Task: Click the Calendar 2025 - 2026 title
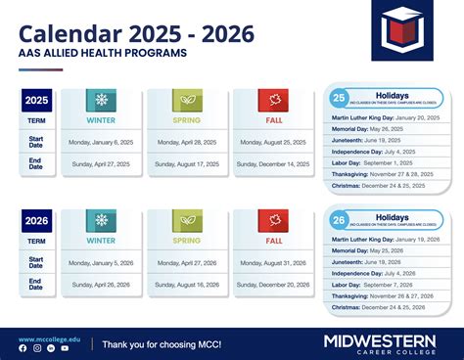pyautogui.click(x=137, y=34)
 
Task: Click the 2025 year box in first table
pyautogui.click(x=36, y=100)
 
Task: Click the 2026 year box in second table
pyautogui.click(x=36, y=220)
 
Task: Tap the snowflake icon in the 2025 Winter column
pyautogui.click(x=101, y=100)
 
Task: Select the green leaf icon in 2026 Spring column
pyautogui.click(x=186, y=220)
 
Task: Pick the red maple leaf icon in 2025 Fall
pyautogui.click(x=274, y=100)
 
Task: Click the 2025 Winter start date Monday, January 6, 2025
pyautogui.click(x=101, y=142)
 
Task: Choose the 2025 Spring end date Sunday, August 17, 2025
pyautogui.click(x=186, y=164)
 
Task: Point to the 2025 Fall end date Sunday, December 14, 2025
pyautogui.click(x=274, y=164)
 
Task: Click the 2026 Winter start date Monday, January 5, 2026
pyautogui.click(x=101, y=262)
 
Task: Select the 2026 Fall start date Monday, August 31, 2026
pyautogui.click(x=274, y=262)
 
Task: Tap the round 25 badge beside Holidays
pyautogui.click(x=338, y=99)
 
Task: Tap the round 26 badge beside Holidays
pyautogui.click(x=338, y=219)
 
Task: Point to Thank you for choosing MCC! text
pyautogui.click(x=162, y=343)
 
